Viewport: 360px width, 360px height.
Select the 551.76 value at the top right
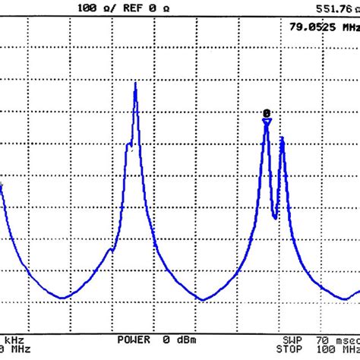pos(334,8)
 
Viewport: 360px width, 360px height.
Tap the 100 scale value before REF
pos(87,8)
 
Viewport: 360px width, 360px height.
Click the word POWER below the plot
pos(134,339)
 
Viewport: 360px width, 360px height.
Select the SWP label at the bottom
pos(292,339)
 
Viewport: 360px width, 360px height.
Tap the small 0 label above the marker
pos(267,112)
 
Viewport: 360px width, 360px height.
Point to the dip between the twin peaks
pos(275,217)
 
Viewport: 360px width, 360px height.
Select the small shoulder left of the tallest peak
pos(112,247)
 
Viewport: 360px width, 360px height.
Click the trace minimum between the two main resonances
pos(203,299)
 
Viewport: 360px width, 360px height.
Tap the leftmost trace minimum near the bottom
pos(63,298)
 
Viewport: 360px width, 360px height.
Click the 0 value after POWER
pos(165,339)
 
